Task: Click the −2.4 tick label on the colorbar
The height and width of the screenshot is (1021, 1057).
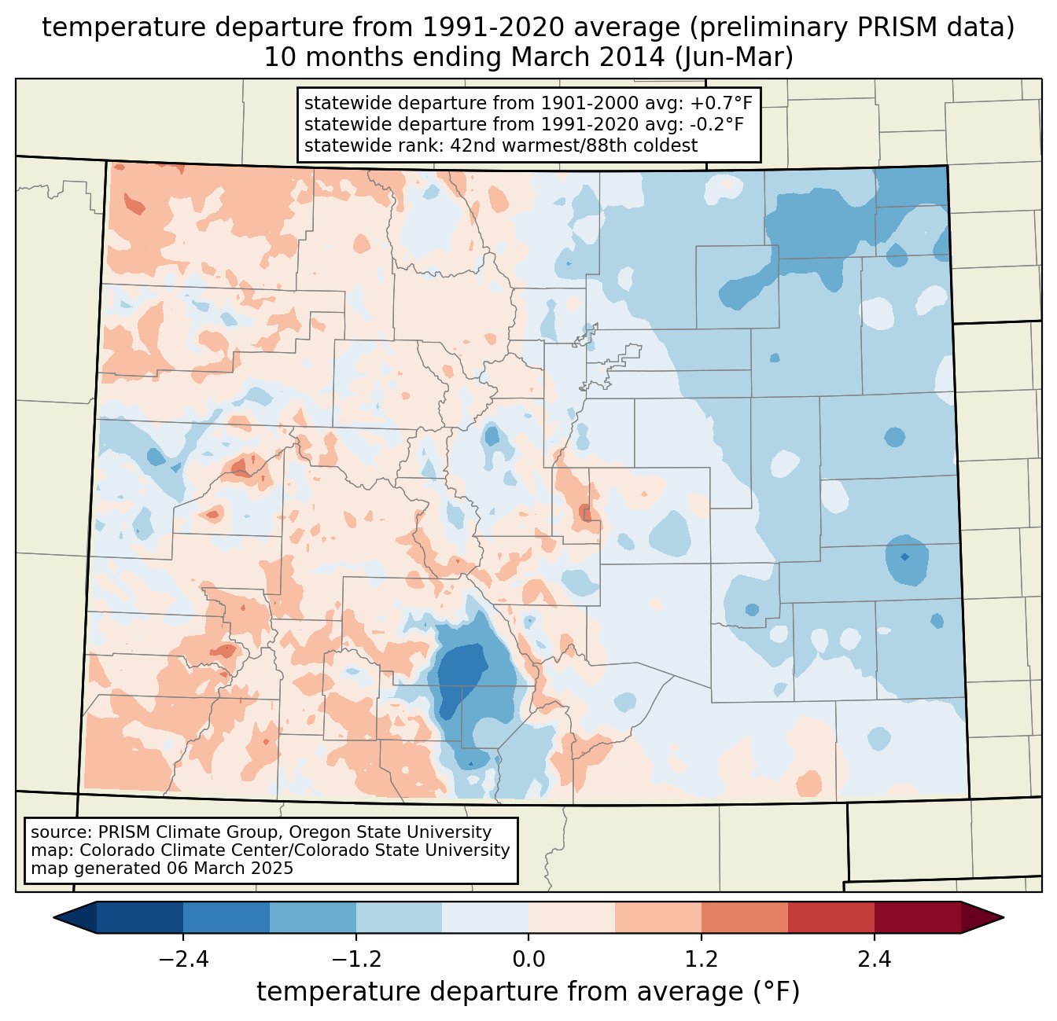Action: click(182, 960)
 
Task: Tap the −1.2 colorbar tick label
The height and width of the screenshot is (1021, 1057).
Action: click(355, 960)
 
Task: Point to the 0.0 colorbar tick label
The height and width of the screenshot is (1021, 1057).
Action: click(528, 960)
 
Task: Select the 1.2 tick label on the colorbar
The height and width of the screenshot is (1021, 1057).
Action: click(702, 960)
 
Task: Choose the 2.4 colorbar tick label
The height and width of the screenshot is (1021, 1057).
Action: click(874, 960)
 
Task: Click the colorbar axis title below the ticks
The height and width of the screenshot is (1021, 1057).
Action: click(528, 992)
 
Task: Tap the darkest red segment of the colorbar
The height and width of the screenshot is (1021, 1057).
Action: click(917, 917)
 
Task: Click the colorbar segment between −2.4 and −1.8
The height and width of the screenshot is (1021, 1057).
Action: click(226, 917)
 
